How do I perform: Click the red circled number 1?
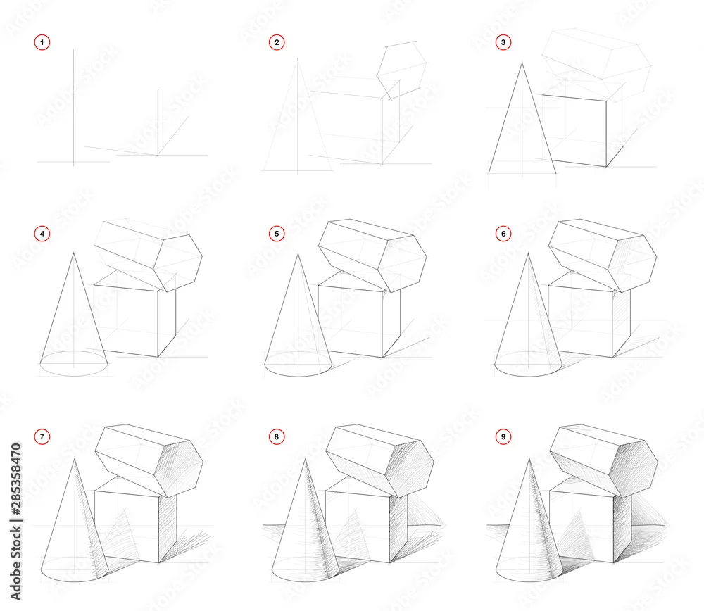[x=42, y=43]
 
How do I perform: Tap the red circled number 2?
[x=277, y=43]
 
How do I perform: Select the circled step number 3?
[x=503, y=43]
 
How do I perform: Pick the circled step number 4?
[x=42, y=234]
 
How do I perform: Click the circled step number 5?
[x=277, y=234]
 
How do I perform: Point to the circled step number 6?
[x=503, y=234]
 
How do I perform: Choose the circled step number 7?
[x=42, y=437]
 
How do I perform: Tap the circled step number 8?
[x=277, y=437]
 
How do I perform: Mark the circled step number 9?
[x=503, y=437]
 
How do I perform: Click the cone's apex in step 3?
[x=522, y=63]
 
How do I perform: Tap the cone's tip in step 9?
[x=529, y=459]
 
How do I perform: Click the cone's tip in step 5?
[x=298, y=253]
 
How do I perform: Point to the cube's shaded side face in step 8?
[x=398, y=527]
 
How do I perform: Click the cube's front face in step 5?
[x=350, y=320]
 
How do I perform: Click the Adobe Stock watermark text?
[x=16, y=522]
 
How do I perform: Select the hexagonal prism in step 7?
[x=149, y=460]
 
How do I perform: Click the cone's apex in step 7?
[x=75, y=459]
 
